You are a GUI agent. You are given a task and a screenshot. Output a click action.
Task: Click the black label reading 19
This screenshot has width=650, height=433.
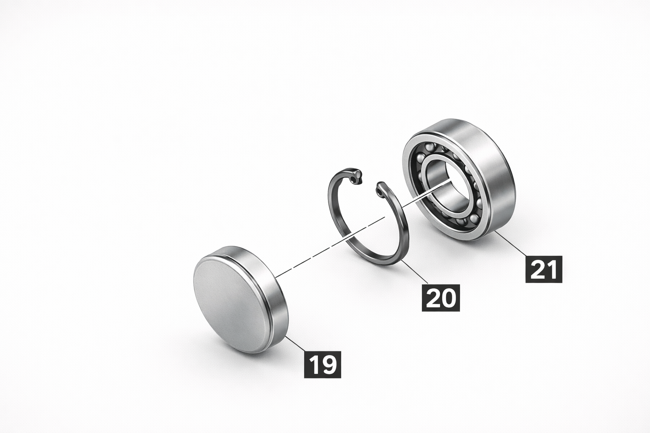322,364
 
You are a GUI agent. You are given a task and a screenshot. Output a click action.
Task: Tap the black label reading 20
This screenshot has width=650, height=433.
441,298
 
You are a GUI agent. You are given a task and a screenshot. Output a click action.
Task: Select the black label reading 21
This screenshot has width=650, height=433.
544,269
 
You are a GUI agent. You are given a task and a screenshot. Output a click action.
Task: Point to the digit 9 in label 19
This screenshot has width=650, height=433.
329,364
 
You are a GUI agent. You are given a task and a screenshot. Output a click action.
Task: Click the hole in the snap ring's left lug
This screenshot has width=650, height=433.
355,180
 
